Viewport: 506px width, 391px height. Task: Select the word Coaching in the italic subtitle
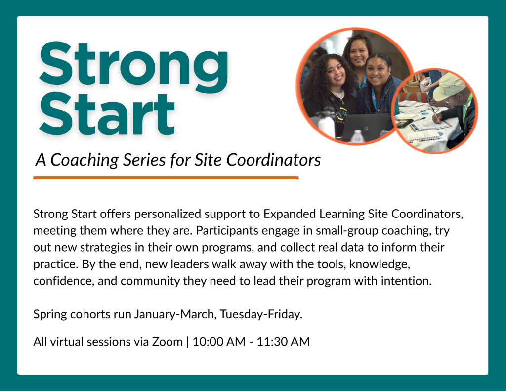tap(84, 160)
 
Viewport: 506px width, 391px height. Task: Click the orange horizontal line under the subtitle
tap(166, 178)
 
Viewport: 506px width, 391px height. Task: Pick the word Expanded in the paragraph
tap(290, 214)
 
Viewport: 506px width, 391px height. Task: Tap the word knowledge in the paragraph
tap(380, 264)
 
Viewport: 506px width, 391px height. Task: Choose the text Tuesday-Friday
tap(261, 314)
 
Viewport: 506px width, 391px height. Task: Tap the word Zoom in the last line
tap(167, 342)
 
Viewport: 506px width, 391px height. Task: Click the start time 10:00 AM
tap(219, 342)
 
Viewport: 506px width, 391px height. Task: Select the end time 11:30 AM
tap(283, 342)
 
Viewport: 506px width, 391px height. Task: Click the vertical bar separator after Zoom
tap(187, 342)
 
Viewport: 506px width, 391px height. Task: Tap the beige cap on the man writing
tap(449, 85)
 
